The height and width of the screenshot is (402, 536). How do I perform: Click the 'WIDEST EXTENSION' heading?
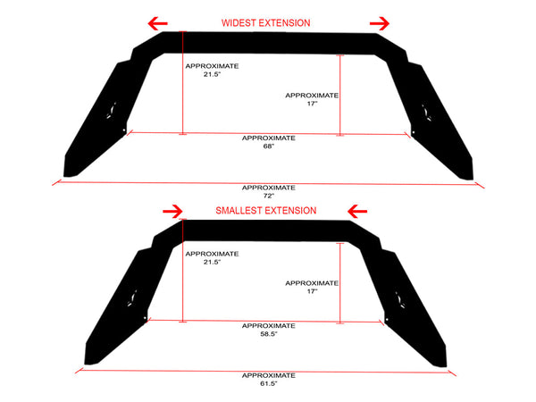click(266, 23)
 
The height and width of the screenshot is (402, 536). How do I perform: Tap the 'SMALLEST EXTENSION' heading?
click(266, 211)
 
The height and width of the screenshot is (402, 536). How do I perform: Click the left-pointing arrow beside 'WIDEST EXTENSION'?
click(157, 23)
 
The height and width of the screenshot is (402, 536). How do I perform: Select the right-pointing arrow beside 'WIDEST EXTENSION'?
click(380, 23)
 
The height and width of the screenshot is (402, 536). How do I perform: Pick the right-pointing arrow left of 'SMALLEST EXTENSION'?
click(172, 211)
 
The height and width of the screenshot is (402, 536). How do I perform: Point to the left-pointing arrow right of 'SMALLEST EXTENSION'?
click(357, 211)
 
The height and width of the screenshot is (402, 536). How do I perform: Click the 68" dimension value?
click(269, 147)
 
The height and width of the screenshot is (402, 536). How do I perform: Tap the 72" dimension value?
click(269, 196)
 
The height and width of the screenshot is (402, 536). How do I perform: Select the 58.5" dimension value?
click(269, 334)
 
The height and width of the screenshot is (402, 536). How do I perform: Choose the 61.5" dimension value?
click(269, 383)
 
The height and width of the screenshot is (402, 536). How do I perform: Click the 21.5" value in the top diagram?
click(213, 74)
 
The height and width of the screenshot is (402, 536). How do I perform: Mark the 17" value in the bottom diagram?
click(312, 291)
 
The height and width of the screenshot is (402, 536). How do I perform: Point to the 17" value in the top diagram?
click(312, 104)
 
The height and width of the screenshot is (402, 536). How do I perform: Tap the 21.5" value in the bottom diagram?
click(213, 262)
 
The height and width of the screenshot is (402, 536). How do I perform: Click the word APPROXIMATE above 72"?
click(269, 188)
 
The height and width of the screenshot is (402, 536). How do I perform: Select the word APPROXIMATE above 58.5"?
click(269, 326)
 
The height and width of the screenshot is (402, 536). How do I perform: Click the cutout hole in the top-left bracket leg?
click(112, 111)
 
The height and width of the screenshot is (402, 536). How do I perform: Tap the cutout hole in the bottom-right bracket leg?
click(399, 300)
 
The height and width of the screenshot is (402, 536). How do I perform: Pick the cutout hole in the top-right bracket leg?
click(426, 113)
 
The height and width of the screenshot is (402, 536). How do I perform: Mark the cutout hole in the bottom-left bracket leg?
click(132, 298)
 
